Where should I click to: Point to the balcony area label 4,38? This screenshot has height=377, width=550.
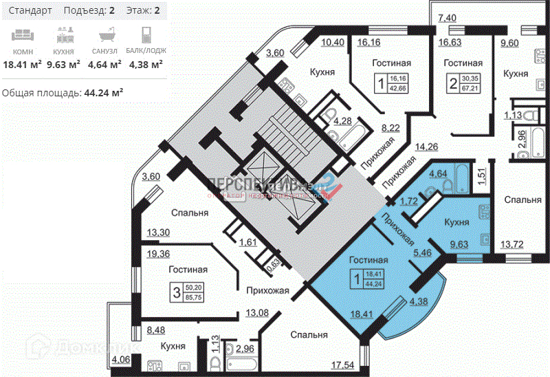(x=419, y=301)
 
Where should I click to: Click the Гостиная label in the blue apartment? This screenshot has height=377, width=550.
(x=368, y=260)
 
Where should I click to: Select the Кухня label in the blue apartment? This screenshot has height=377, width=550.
(x=456, y=222)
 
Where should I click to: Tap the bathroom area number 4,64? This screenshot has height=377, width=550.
(x=439, y=174)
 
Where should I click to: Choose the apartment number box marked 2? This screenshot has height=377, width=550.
(x=452, y=85)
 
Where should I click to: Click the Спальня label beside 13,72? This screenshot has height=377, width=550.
(x=522, y=200)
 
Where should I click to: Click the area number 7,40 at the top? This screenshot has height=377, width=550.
(x=447, y=17)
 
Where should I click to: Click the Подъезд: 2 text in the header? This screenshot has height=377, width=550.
(x=89, y=10)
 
